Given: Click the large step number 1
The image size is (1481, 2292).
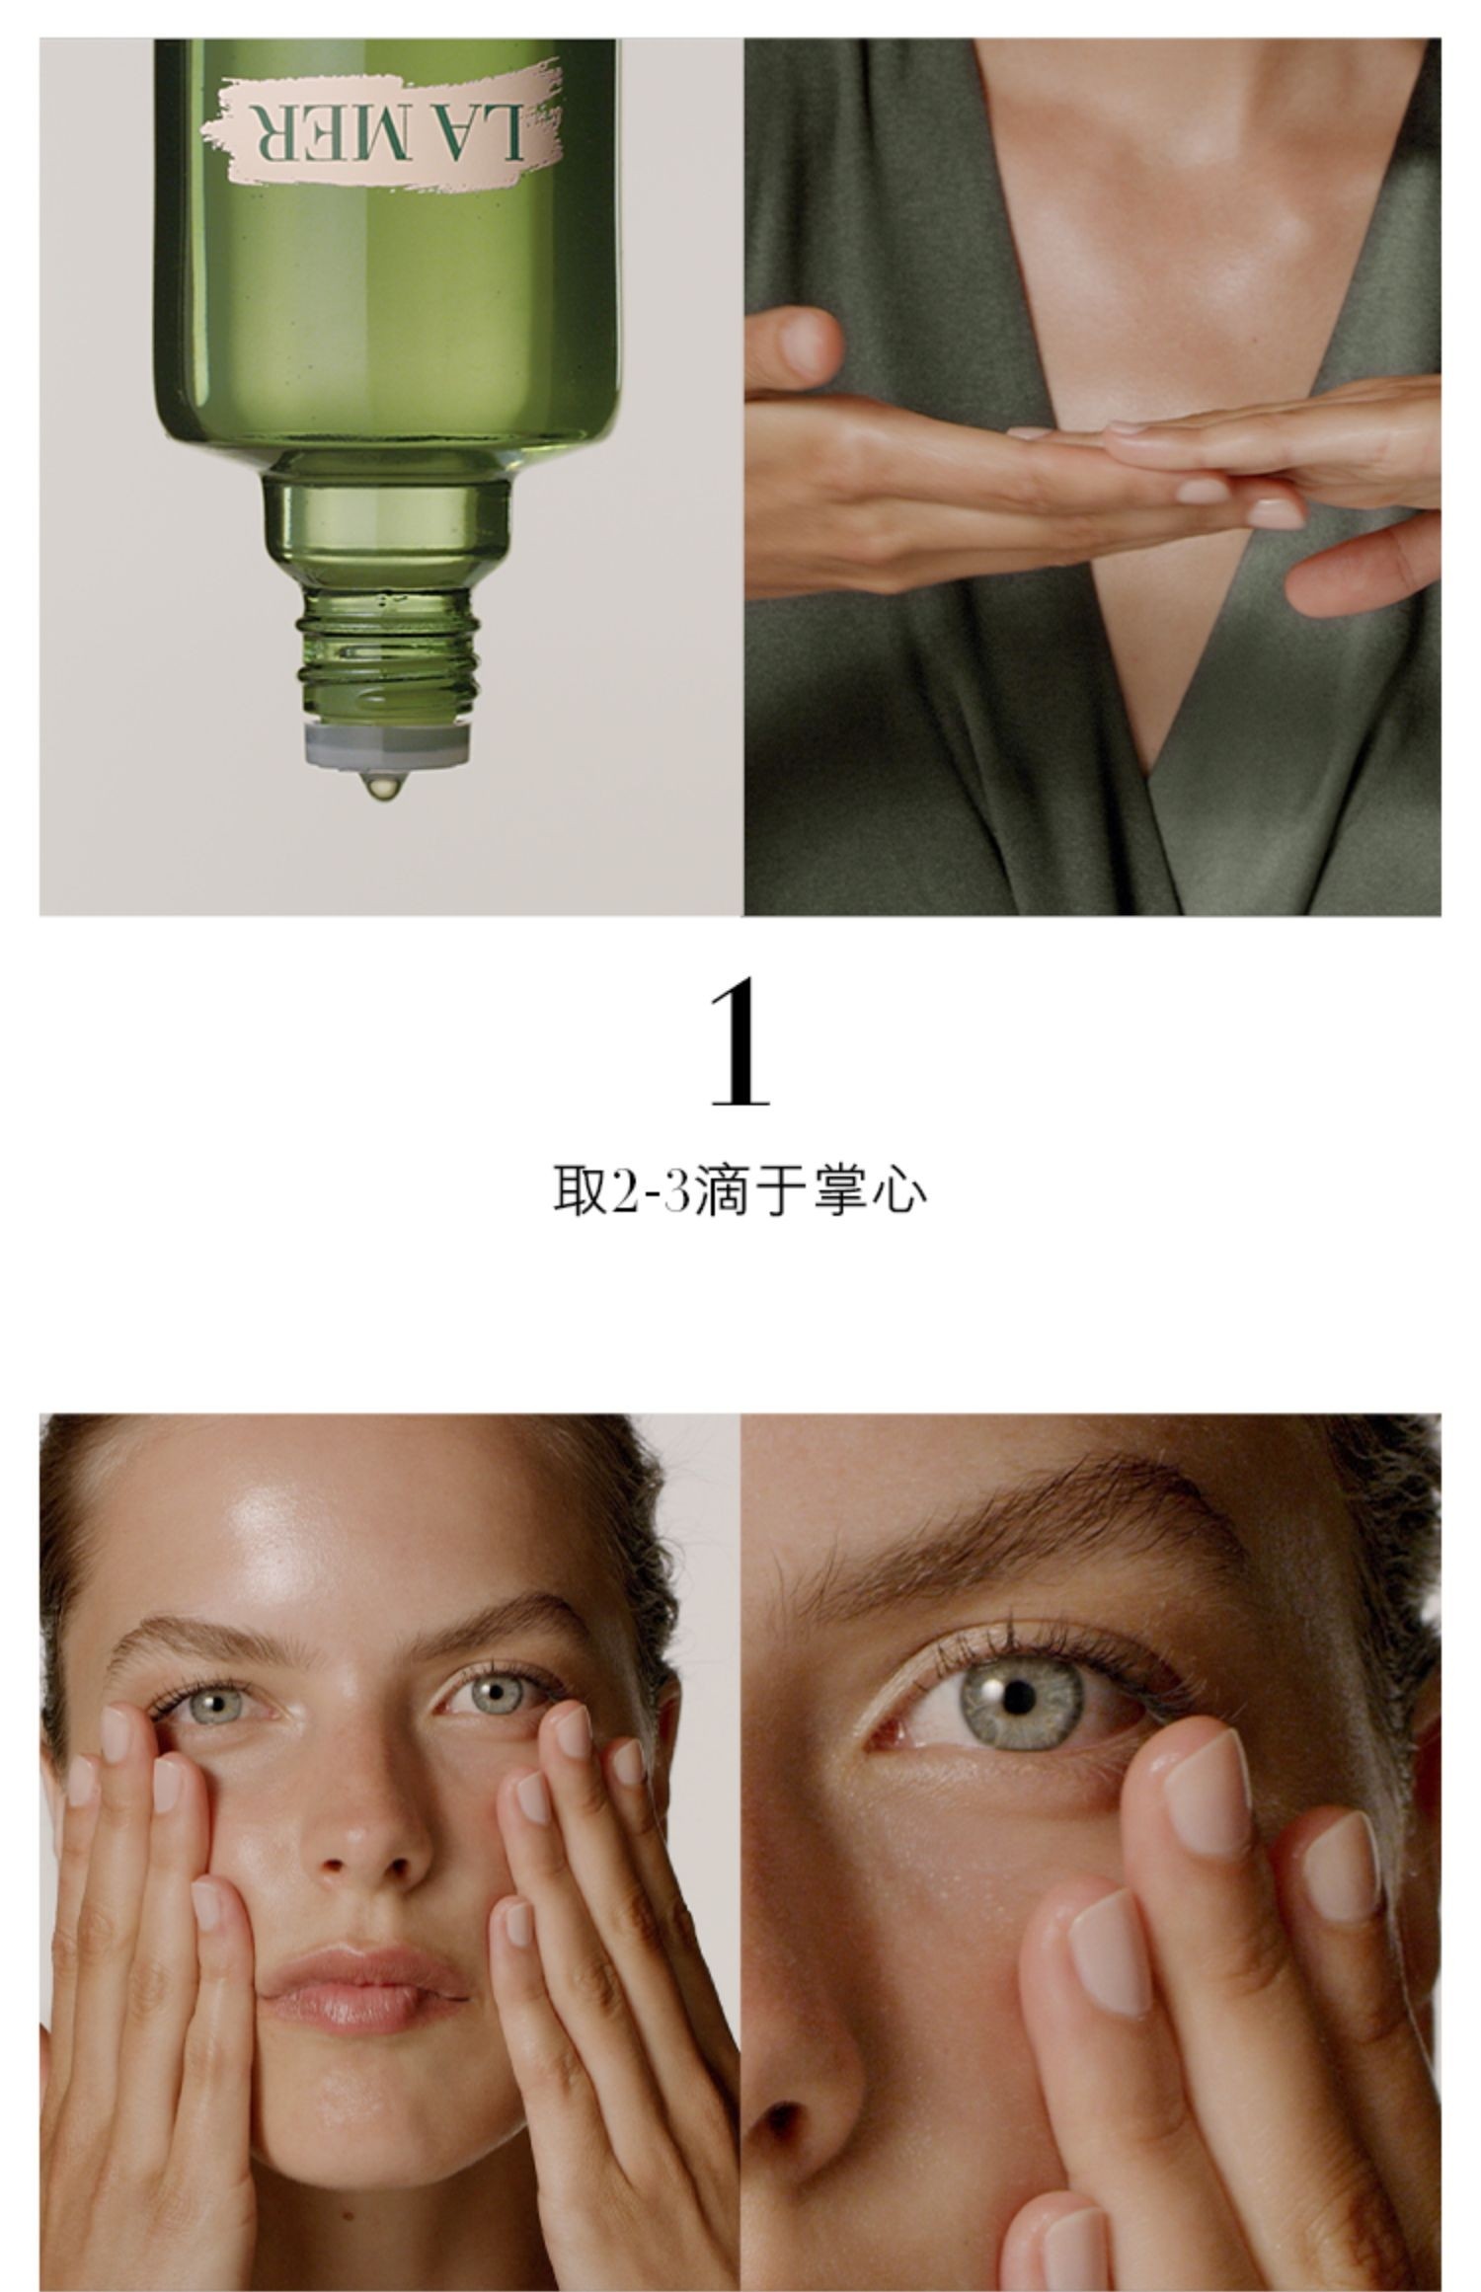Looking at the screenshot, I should (740, 1045).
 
